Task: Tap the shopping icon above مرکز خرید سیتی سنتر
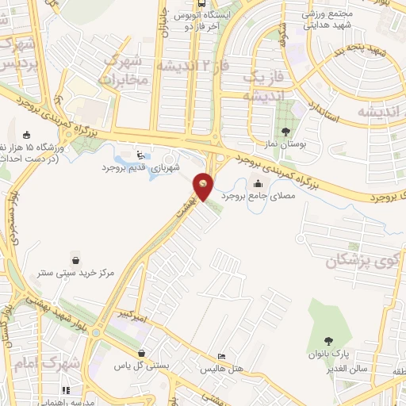[75, 259]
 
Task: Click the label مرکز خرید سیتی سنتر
[76, 272]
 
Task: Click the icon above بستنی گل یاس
[141, 354]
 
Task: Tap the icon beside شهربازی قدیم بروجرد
[140, 155]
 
